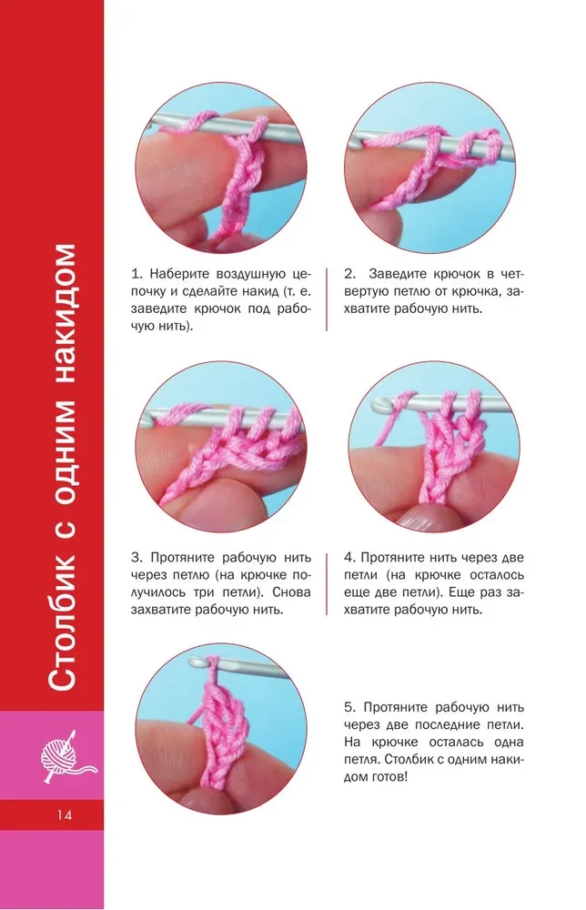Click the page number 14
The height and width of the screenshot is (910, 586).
coord(65,815)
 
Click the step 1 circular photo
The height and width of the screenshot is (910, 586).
coord(221,167)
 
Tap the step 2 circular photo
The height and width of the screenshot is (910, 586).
coord(429,167)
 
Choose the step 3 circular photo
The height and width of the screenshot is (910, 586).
coord(221,446)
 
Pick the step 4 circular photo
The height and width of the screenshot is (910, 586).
coord(435,446)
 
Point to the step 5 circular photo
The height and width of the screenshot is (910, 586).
coord(221,728)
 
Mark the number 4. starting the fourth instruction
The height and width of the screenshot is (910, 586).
coord(349,558)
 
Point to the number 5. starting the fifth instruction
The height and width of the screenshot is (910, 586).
coord(349,707)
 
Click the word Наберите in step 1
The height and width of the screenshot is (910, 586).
coord(177,274)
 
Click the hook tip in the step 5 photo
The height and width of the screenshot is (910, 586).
coord(196,661)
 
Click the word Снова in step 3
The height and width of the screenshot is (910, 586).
coord(291,592)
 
